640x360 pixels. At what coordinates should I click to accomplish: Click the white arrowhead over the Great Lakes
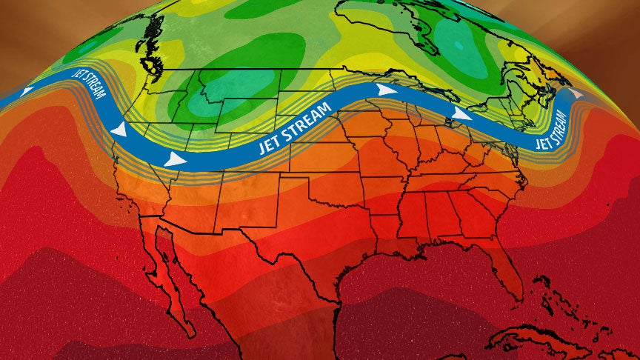pos(461,115)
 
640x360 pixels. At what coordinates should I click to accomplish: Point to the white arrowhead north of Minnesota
pos(385,90)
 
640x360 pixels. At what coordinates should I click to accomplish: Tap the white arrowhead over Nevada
pos(175,159)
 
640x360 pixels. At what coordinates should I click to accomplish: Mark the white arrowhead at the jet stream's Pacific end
pos(27,92)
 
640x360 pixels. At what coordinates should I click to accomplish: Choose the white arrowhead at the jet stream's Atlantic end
pos(576,93)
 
